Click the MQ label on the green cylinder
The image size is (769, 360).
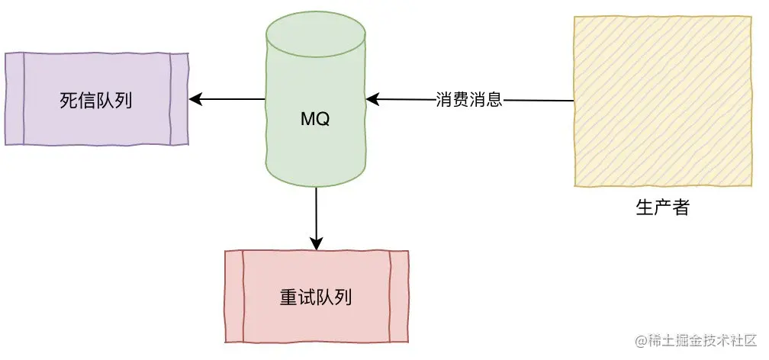315,120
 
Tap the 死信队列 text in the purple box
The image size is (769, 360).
96,100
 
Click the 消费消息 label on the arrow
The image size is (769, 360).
468,100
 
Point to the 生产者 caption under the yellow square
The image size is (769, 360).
661,207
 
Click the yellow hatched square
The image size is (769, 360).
661,101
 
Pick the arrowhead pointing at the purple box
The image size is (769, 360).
195,99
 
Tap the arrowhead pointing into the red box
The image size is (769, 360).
316,243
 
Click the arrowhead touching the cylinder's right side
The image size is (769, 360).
372,99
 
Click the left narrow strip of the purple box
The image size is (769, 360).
15,99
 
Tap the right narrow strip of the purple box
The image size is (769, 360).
179,99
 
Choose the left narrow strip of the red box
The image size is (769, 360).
234,297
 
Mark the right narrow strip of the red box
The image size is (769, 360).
398,297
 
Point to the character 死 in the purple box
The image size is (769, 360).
69,100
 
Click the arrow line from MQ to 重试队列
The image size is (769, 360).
316,214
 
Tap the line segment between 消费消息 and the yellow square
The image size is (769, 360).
538,100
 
